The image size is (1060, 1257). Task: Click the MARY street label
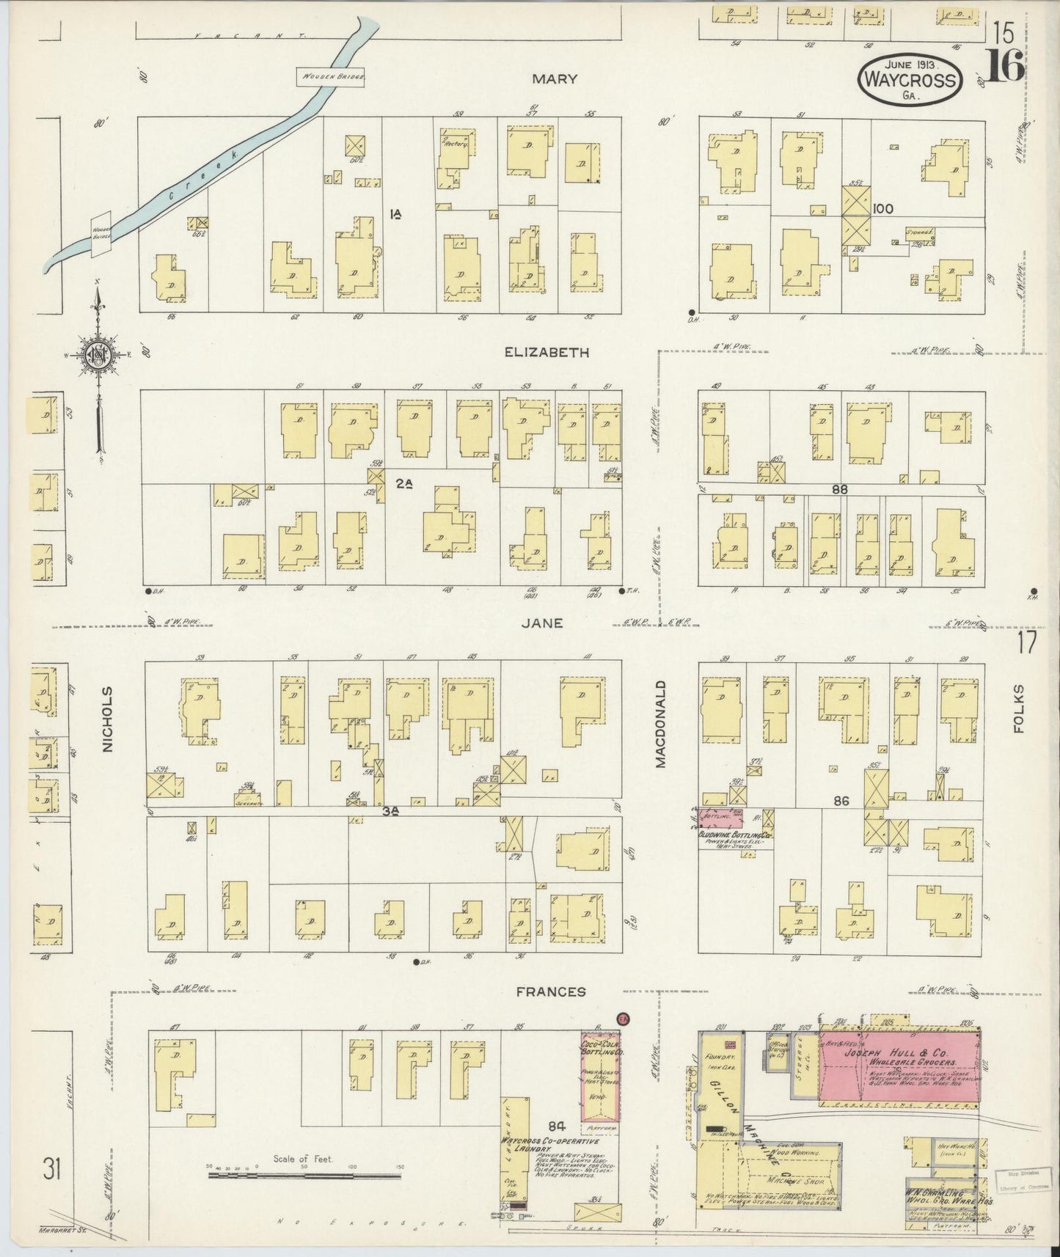click(555, 79)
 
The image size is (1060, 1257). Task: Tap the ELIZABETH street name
click(547, 352)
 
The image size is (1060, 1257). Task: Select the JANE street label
click(542, 623)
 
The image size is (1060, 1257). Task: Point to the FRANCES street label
click(551, 992)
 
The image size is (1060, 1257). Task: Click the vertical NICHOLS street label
click(108, 719)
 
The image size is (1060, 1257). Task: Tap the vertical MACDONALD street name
click(660, 724)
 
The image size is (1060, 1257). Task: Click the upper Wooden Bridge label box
click(331, 77)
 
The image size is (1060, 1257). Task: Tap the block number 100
click(882, 209)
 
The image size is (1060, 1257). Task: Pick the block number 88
click(840, 488)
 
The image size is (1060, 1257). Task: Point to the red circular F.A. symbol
click(624, 1019)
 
